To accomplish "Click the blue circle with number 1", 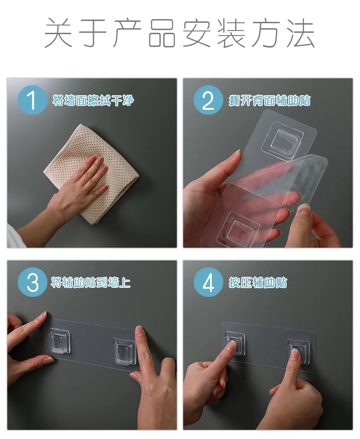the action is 32,100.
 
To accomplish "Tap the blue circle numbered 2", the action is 208,100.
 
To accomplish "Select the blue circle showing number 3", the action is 32,282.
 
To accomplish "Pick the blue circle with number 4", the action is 208,282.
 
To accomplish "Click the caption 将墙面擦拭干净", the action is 93,100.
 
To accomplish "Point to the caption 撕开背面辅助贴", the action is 269,100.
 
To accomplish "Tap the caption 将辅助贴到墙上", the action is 91,282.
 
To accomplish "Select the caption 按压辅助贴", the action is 258,282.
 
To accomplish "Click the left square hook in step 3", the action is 59,341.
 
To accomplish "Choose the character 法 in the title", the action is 301,33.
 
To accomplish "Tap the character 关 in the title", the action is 59,33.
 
